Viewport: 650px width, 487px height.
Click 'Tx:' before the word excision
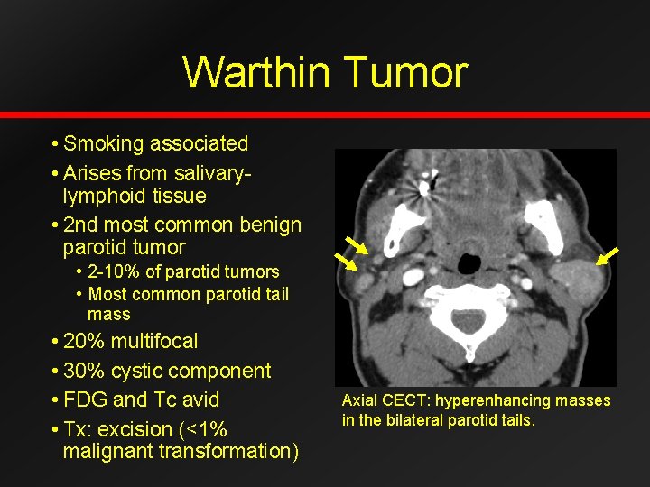tap(80, 429)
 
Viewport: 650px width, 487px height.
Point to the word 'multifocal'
tap(155, 341)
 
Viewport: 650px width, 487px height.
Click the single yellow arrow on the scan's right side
tap(607, 255)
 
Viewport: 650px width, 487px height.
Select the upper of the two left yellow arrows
tap(357, 245)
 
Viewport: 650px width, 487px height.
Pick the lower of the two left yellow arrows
tap(346, 262)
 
